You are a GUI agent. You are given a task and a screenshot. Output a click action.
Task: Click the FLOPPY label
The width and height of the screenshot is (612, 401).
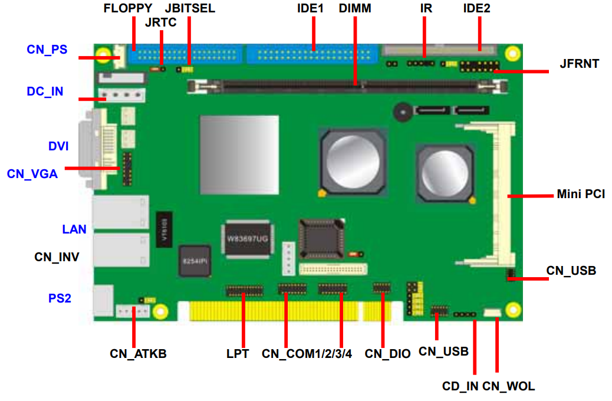[128, 8]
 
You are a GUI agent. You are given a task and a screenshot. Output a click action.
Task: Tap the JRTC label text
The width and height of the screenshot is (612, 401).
[160, 22]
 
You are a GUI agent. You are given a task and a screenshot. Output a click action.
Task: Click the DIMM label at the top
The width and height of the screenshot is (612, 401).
[355, 8]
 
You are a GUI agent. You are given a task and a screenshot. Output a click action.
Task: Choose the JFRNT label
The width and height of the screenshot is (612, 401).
[580, 63]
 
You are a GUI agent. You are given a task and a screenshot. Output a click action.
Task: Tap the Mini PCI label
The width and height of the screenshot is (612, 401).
[581, 194]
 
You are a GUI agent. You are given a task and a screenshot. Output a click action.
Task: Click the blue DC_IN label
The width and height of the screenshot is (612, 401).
[45, 91]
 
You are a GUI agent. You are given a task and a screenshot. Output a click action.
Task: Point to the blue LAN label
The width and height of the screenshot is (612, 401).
[74, 229]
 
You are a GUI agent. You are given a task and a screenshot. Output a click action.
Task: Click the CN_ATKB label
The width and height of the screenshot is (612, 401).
[138, 354]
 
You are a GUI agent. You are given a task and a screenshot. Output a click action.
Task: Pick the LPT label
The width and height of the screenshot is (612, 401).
[238, 354]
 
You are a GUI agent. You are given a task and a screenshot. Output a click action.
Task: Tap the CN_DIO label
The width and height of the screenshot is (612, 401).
[387, 354]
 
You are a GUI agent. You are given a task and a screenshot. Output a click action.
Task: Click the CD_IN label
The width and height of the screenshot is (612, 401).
[460, 386]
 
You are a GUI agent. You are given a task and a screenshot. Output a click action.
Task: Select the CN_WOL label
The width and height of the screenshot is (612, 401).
[509, 386]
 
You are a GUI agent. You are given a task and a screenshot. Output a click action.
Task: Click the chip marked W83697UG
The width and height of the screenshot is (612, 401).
[248, 239]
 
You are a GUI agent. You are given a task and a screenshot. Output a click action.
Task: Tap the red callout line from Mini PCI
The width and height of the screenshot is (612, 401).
[531, 195]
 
